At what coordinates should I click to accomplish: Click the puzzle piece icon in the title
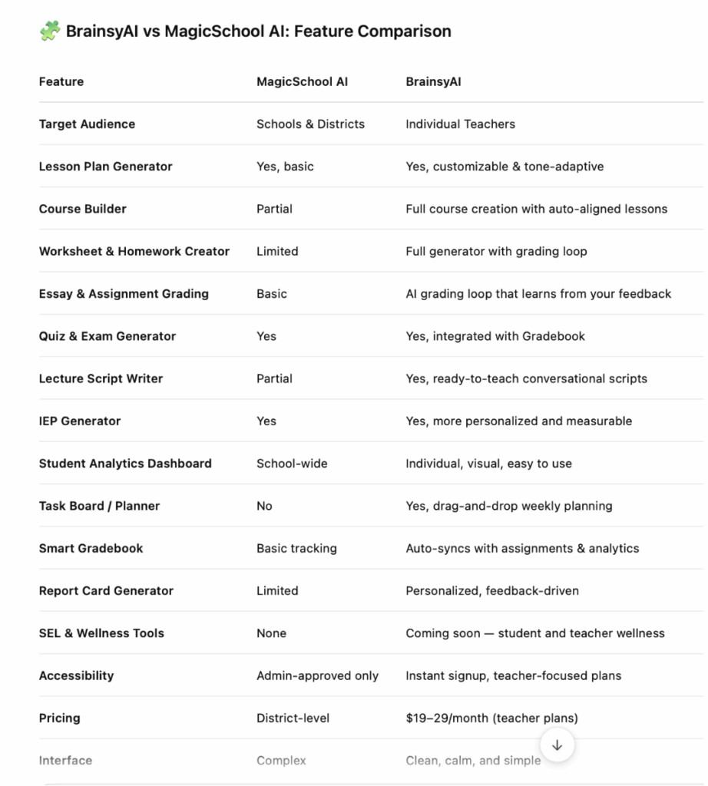49,31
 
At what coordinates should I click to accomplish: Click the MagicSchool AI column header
302,81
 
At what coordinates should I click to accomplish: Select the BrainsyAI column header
433,81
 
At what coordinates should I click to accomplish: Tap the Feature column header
61,81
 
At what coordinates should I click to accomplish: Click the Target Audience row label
87,124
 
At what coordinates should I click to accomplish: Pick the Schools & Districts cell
310,124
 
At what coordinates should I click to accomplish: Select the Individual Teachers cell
460,124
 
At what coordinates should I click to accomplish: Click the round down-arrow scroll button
557,745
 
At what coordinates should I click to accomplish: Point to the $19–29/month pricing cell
491,718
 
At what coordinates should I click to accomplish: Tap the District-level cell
293,718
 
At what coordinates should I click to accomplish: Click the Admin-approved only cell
317,675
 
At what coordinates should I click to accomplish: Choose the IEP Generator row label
80,421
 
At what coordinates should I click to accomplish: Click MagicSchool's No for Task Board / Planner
264,506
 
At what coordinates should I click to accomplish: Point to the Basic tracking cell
296,548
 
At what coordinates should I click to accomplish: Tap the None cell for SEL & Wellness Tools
271,633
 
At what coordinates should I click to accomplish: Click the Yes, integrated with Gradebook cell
495,335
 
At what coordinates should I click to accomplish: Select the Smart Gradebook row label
91,548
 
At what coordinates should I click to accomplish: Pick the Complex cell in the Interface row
281,760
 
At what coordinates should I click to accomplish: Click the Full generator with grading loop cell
496,251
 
